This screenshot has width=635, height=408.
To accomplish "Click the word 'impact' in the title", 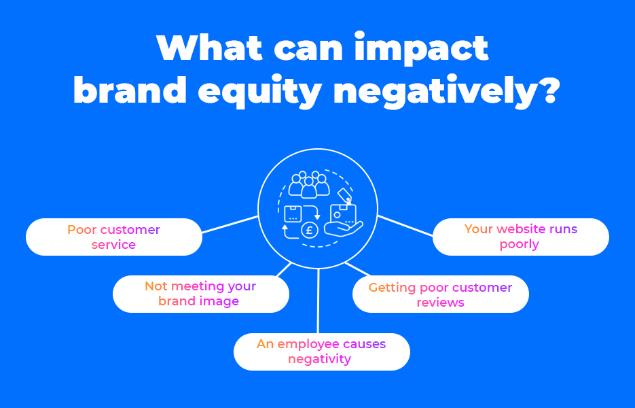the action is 421,49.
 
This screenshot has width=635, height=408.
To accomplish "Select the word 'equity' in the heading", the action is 259,91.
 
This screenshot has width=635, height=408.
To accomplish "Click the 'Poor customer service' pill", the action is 114,237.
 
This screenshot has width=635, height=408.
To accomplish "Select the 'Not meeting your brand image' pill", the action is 201,294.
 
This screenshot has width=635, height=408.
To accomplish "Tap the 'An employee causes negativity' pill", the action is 321,352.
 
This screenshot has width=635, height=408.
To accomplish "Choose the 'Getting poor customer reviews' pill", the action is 441,294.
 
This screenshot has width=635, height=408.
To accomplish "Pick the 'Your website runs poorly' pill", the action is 521,237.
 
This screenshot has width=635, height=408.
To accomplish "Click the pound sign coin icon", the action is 310,231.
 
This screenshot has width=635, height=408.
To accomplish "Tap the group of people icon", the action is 309,184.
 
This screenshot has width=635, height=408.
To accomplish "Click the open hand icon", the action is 344,228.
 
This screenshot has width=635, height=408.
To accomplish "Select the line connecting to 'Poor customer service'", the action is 230,224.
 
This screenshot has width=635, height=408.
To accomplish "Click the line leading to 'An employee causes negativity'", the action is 319,301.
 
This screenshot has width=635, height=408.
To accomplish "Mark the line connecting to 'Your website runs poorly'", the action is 405,226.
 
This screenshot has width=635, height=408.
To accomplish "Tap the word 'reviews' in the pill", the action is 440,303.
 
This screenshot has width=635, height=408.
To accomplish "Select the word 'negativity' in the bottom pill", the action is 319,359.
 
